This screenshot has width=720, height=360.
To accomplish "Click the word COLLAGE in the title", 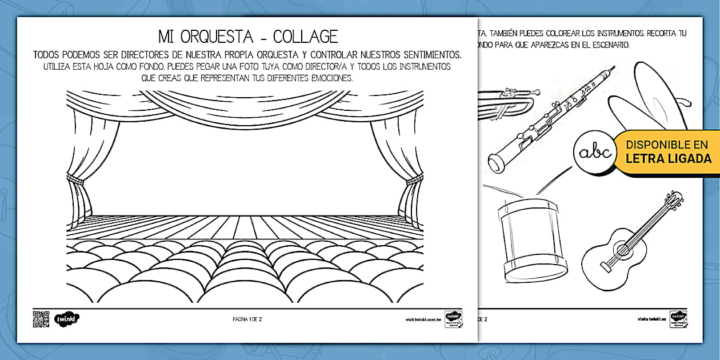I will click(x=305, y=37).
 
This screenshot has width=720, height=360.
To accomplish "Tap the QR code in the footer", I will click(x=41, y=319).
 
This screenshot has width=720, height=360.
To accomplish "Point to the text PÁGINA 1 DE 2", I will click(x=247, y=319).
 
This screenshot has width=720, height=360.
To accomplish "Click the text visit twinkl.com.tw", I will click(x=423, y=319).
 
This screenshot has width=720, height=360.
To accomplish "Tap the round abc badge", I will click(x=594, y=153).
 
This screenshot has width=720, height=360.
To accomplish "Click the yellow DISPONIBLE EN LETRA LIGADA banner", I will click(x=667, y=151).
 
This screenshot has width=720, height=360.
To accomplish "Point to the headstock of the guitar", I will click(x=674, y=201).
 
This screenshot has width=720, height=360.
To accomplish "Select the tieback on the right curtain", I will click(x=414, y=182).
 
